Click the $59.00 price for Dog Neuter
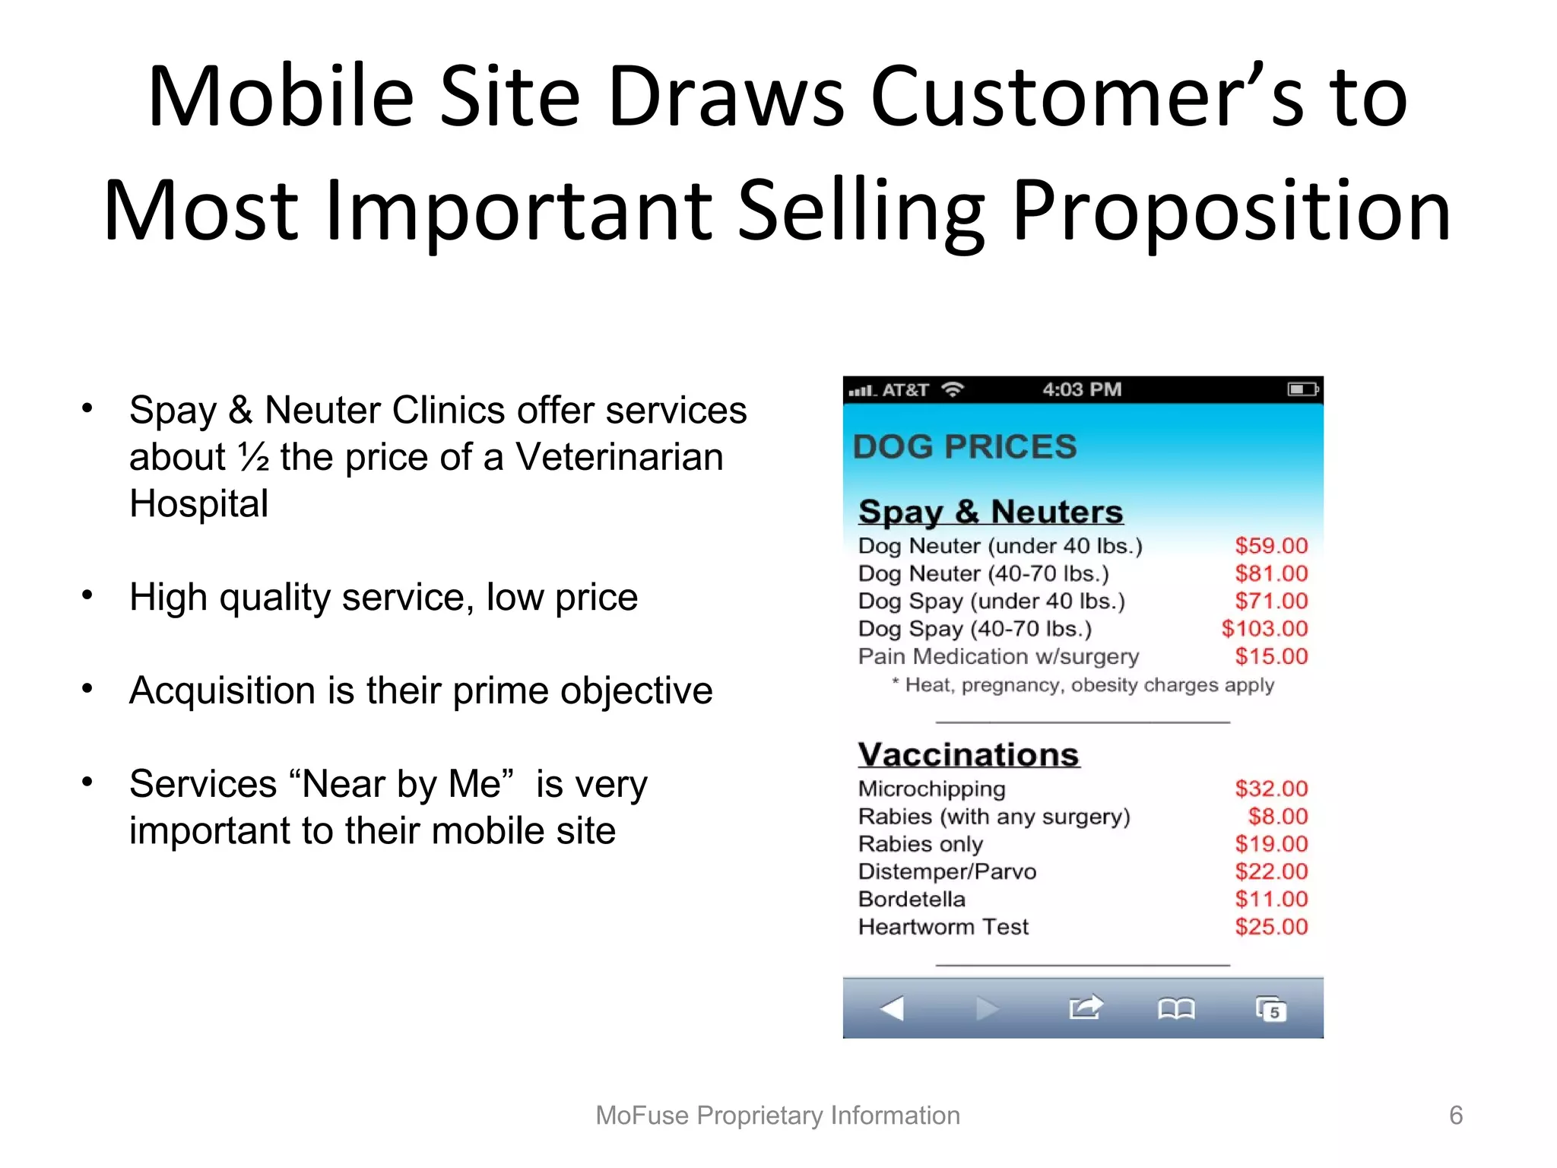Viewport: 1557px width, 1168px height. tap(1270, 546)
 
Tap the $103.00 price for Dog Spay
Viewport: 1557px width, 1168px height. tap(1264, 629)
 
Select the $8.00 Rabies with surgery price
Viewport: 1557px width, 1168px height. tap(1277, 817)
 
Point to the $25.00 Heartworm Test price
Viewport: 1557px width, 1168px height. tap(1270, 927)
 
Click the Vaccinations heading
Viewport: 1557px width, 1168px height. tap(969, 755)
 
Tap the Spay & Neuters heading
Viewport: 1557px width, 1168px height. tap(990, 512)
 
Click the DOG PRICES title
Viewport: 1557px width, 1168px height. tap(965, 446)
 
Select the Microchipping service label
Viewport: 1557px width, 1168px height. tap(931, 789)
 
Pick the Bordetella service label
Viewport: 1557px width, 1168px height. tap(912, 900)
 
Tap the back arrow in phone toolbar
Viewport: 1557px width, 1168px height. tap(892, 1009)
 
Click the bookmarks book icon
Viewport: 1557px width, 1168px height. tap(1175, 1009)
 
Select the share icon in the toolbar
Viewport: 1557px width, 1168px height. tap(1085, 1008)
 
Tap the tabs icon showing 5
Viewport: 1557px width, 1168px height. tap(1270, 1009)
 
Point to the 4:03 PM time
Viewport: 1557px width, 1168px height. tap(1082, 390)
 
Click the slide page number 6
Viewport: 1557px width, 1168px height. tap(1456, 1116)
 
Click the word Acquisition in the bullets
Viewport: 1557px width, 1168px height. tap(222, 691)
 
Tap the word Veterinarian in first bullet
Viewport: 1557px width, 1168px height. tap(619, 457)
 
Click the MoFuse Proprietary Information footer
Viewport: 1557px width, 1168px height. tap(778, 1116)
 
